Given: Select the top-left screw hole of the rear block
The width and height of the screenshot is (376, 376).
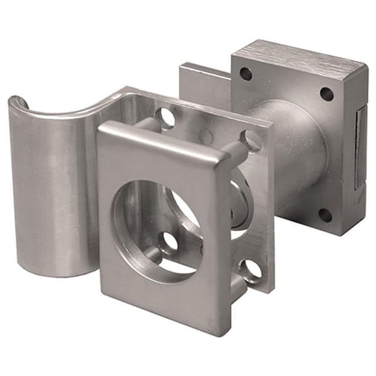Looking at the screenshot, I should pyautogui.click(x=246, y=74).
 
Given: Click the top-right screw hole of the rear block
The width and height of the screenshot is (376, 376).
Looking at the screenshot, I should pyautogui.click(x=326, y=93).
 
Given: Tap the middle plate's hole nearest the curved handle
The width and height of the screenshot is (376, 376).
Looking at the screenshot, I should pyautogui.click(x=166, y=118).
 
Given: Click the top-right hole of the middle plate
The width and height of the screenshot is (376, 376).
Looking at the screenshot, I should pyautogui.click(x=251, y=140).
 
